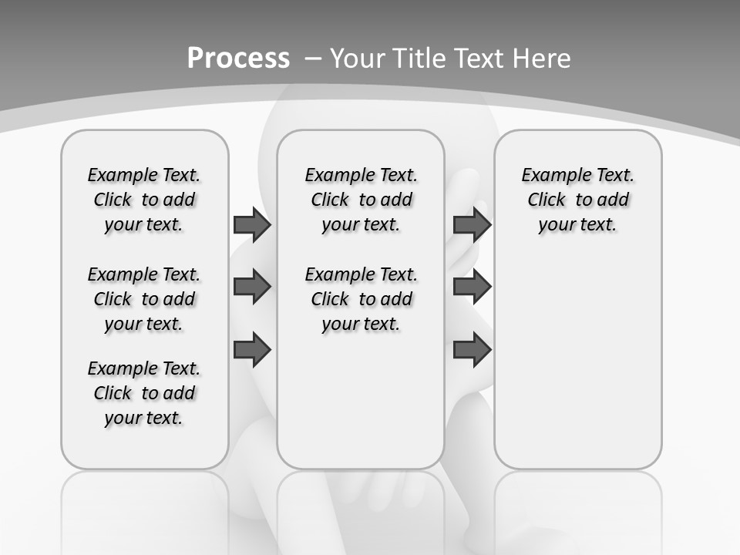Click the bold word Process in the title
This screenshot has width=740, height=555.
238,58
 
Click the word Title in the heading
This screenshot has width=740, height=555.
419,58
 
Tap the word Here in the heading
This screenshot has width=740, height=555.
542,58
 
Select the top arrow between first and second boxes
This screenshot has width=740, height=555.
252,225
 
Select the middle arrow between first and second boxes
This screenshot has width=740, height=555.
252,287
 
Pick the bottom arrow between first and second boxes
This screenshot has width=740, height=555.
252,350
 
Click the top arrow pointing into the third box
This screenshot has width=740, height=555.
472,225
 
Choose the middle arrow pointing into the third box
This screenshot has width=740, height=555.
472,287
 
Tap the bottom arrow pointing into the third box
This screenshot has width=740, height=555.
472,350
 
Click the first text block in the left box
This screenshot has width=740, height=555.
144,200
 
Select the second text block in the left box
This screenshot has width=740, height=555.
144,299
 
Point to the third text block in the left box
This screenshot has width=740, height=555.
144,393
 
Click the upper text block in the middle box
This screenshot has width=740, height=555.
361,200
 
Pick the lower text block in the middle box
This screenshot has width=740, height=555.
361,299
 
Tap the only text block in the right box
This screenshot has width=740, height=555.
577,200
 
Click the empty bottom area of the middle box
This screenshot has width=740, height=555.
361,409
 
